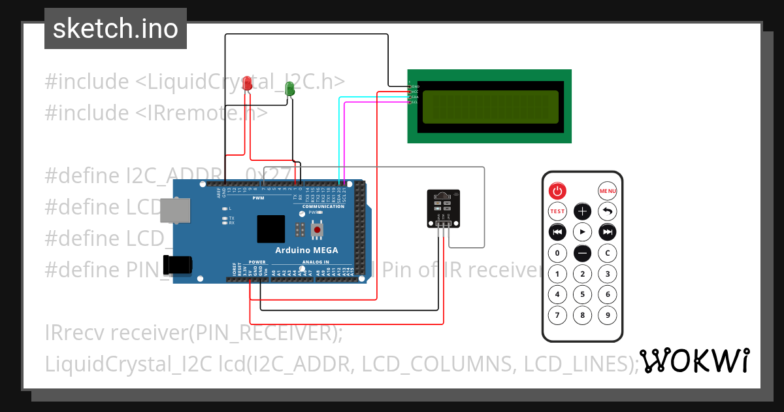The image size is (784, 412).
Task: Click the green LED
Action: (x=290, y=89)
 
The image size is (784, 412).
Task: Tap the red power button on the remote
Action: (x=557, y=191)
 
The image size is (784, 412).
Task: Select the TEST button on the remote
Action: (x=557, y=211)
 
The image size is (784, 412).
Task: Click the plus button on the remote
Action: (x=582, y=211)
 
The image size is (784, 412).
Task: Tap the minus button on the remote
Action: (x=582, y=253)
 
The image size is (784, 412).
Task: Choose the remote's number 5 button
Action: (x=582, y=294)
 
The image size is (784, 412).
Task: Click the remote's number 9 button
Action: (x=608, y=316)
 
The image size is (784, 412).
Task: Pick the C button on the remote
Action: (x=608, y=253)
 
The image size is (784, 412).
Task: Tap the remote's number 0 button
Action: (x=557, y=253)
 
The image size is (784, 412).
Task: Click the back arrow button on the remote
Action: (x=608, y=211)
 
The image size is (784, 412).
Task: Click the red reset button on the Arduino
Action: (x=318, y=230)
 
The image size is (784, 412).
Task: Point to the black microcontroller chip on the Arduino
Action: (x=270, y=229)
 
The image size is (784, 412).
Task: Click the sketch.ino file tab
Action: (x=116, y=29)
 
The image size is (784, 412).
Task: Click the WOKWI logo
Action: (x=694, y=361)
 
